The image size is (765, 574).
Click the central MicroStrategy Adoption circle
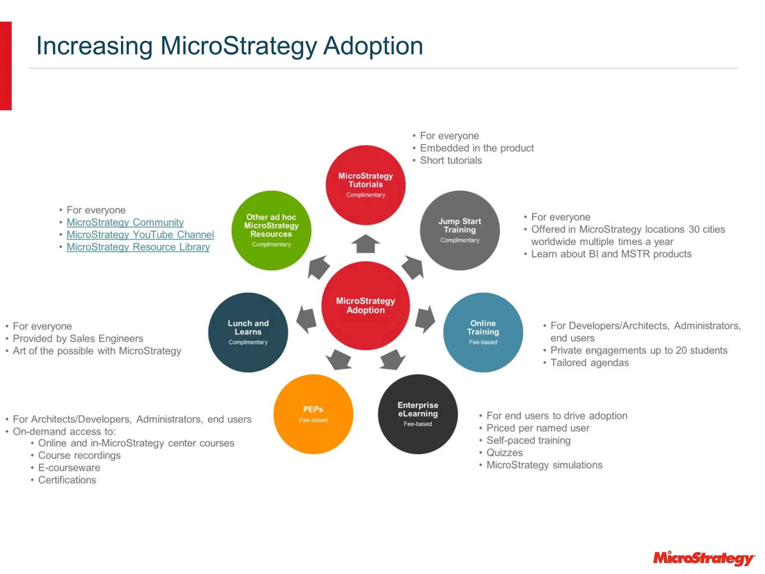point(365,305)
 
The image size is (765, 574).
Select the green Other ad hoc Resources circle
point(271,230)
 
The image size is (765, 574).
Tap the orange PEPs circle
point(313,414)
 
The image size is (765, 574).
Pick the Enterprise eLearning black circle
point(418,414)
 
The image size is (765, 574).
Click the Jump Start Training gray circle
point(459,230)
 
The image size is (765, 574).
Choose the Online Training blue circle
point(483,332)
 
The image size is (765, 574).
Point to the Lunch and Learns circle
point(248,332)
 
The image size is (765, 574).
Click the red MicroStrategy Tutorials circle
point(365,185)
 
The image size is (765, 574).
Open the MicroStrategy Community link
point(125,222)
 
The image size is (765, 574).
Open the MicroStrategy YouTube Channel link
point(140,235)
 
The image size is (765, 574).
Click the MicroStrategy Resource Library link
point(138,247)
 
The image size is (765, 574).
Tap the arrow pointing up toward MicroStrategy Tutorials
point(365,244)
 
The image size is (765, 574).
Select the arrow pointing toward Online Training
point(425,319)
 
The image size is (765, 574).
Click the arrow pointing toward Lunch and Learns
point(306,319)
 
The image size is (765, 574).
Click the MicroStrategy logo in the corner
point(704,558)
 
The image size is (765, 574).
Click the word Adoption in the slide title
point(373,46)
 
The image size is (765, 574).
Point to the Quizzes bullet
point(504,453)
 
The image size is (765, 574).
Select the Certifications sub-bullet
point(67,480)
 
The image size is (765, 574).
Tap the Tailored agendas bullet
point(589,363)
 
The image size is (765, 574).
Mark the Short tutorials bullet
point(451,161)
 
